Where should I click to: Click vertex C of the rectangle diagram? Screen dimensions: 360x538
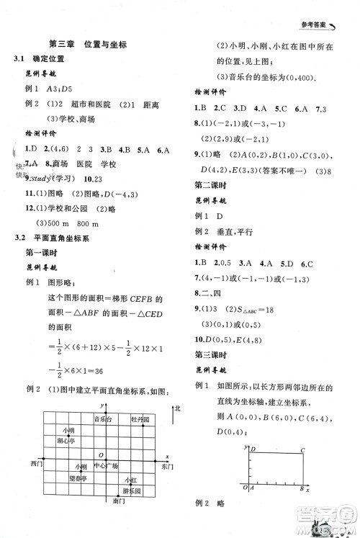(303, 449)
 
